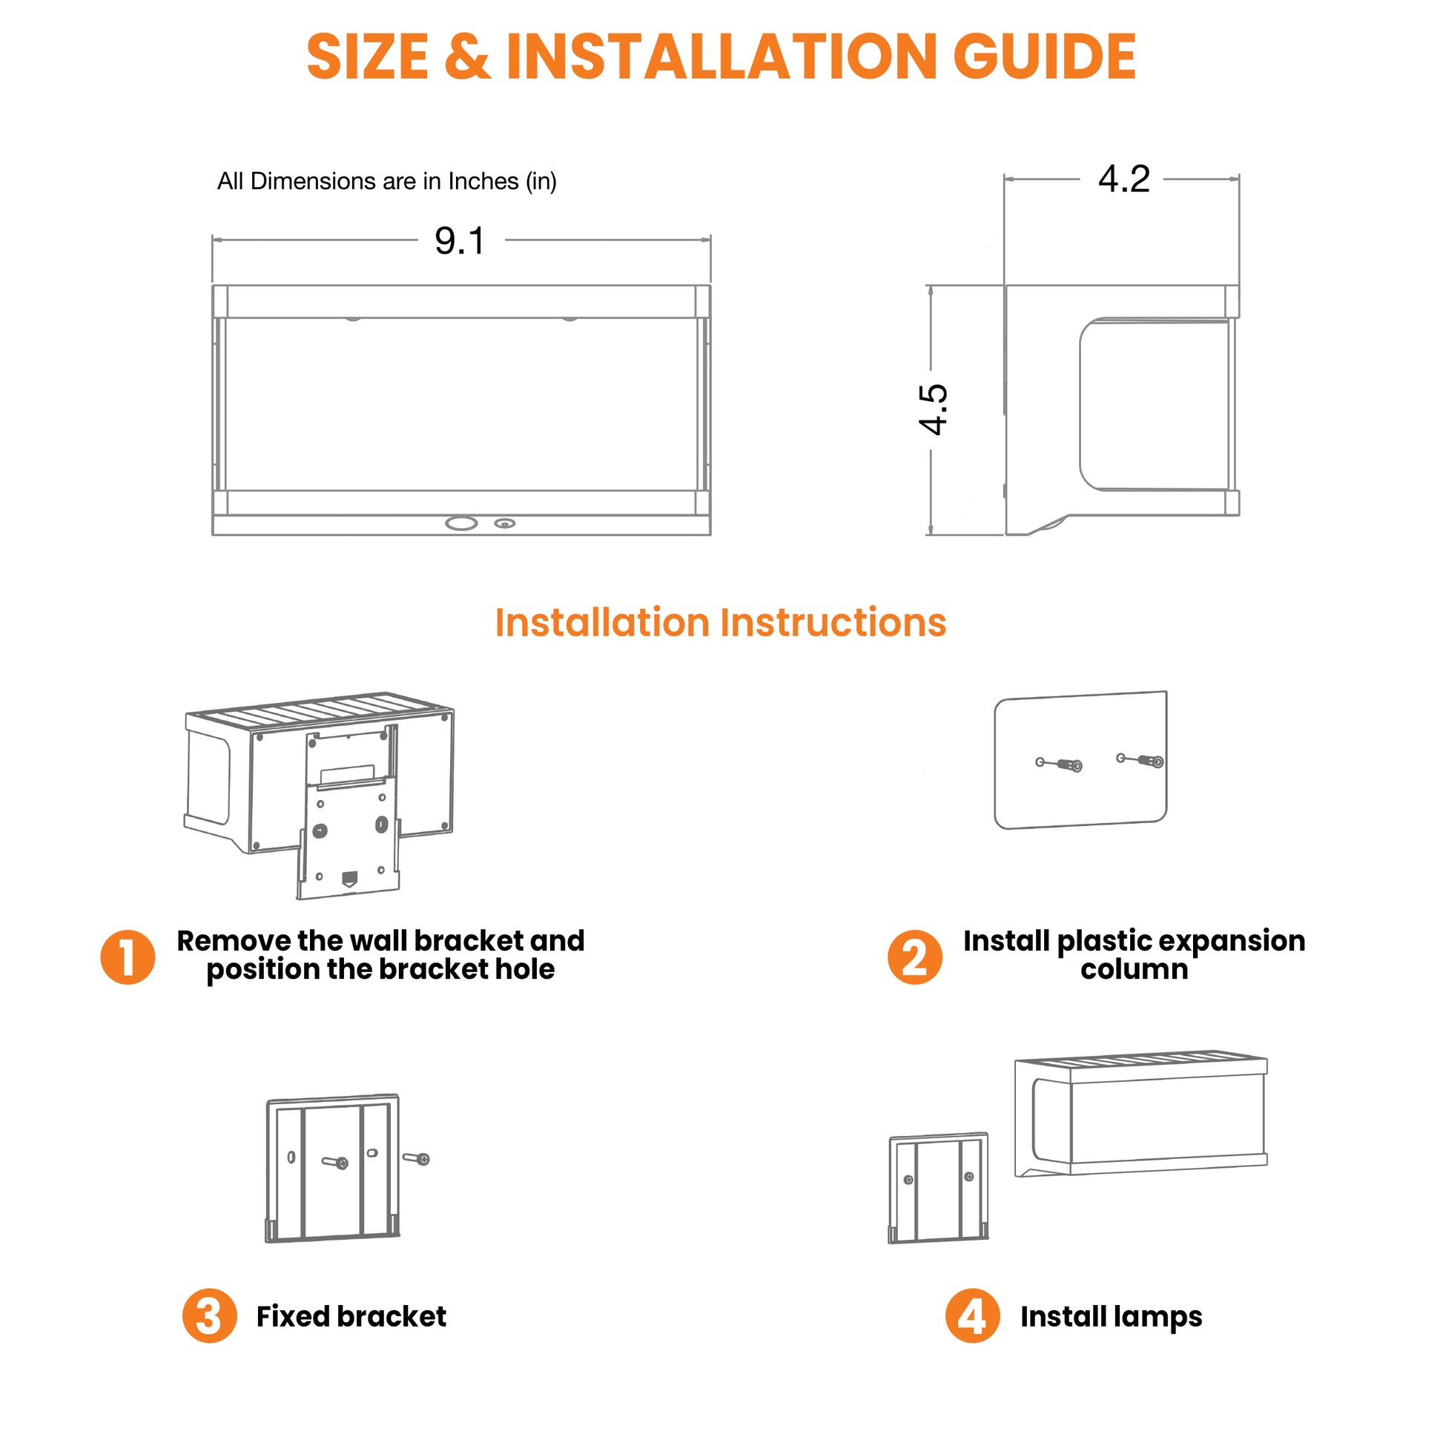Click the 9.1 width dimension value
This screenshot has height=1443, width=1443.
(460, 240)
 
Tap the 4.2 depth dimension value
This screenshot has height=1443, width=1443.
(1123, 179)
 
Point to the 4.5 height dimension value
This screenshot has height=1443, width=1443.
(933, 409)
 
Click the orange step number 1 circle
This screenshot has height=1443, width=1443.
(128, 957)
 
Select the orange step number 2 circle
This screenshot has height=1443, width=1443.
(915, 957)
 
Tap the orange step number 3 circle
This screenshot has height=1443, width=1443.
(210, 1315)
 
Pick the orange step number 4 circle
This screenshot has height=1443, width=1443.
(972, 1315)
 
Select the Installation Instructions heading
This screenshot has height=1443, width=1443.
(721, 622)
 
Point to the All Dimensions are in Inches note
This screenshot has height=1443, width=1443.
(387, 182)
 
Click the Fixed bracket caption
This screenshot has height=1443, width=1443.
(351, 1316)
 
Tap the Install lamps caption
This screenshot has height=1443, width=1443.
(1112, 1317)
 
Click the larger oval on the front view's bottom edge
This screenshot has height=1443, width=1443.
(460, 524)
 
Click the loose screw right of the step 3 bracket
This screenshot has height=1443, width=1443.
(417, 1158)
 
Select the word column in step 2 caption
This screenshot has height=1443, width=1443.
(1134, 968)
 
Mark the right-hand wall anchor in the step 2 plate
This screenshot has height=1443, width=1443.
(1140, 760)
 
